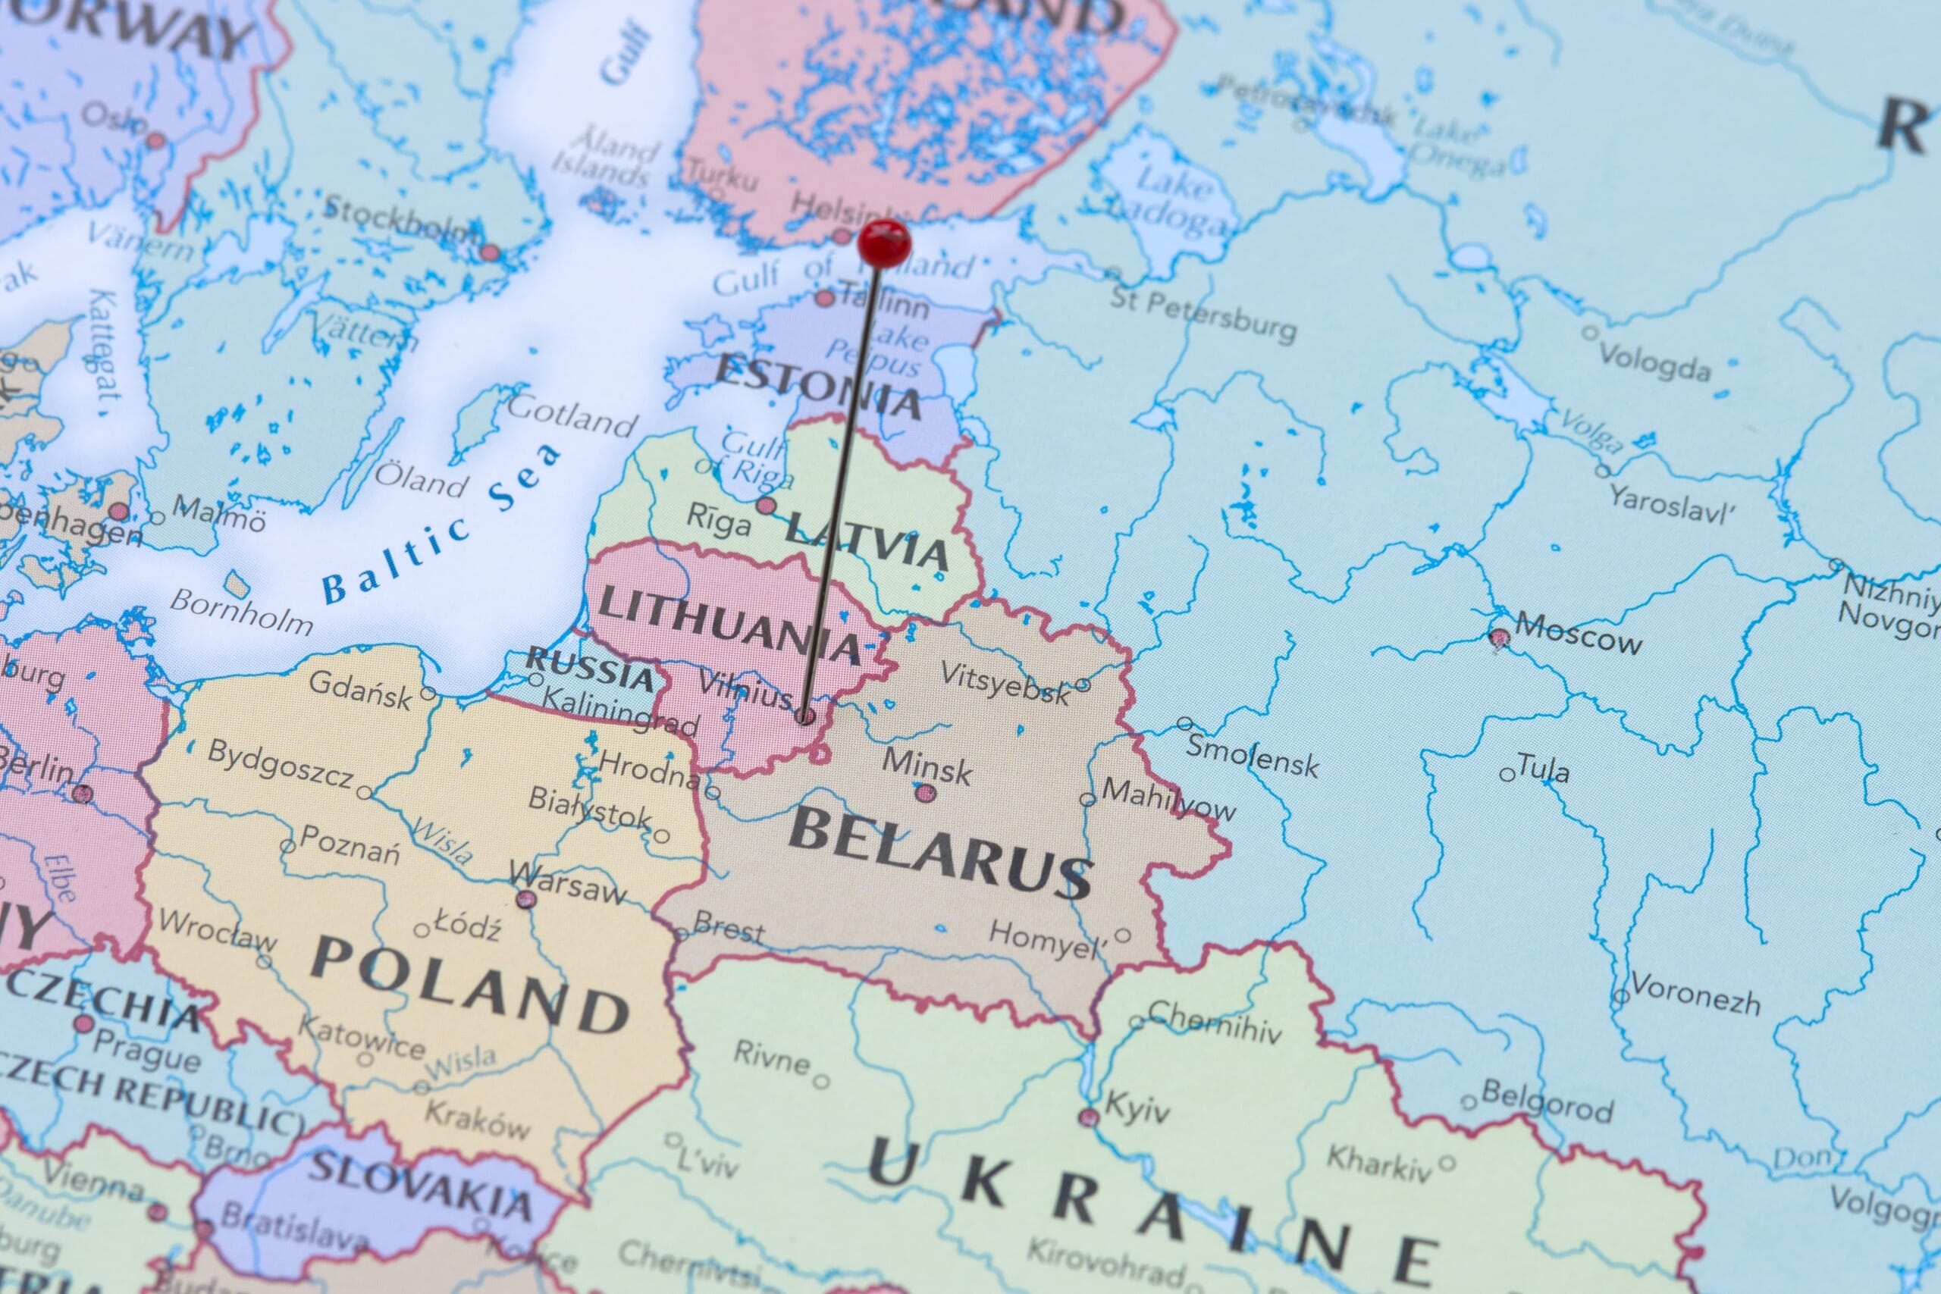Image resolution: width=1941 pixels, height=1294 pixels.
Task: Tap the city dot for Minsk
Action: tap(926, 793)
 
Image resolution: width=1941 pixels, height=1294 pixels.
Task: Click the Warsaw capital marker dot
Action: tap(525, 899)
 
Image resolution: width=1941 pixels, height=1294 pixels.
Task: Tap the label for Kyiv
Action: tap(1137, 1108)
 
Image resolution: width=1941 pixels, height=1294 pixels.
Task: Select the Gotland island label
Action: tap(572, 415)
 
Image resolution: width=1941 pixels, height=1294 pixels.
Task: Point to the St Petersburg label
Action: tap(1203, 314)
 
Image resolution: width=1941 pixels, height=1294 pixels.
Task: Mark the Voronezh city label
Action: tap(1695, 995)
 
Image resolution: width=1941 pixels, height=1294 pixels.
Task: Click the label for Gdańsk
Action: tap(360, 690)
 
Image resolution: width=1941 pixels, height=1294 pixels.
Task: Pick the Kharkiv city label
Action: tap(1379, 1163)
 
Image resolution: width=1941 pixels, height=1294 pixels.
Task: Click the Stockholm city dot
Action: tap(489, 252)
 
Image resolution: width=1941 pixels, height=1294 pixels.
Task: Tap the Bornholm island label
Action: tap(242, 612)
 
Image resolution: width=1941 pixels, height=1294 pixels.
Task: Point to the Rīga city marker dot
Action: tap(767, 505)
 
